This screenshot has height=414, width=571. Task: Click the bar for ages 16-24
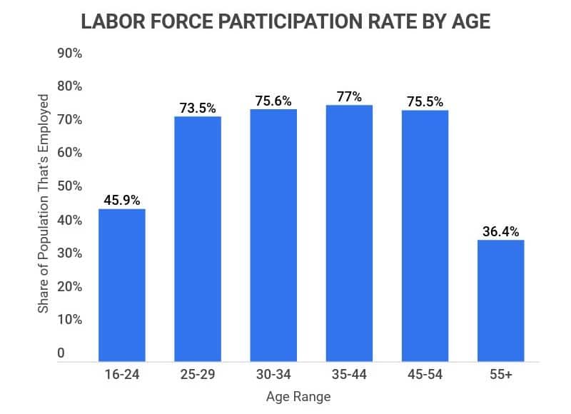(x=122, y=286)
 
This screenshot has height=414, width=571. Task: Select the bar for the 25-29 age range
(x=198, y=239)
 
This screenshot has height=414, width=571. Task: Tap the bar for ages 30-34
(x=273, y=236)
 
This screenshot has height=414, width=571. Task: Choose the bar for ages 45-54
(x=425, y=236)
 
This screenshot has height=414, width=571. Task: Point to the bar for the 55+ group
(x=500, y=301)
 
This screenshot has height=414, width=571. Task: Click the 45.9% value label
(x=122, y=200)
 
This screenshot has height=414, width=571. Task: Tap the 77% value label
(x=349, y=96)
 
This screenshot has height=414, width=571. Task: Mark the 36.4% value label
(x=500, y=231)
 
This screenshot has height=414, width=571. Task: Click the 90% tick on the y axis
(x=69, y=54)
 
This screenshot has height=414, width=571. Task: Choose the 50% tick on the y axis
(x=69, y=186)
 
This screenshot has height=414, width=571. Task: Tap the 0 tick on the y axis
(x=61, y=353)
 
